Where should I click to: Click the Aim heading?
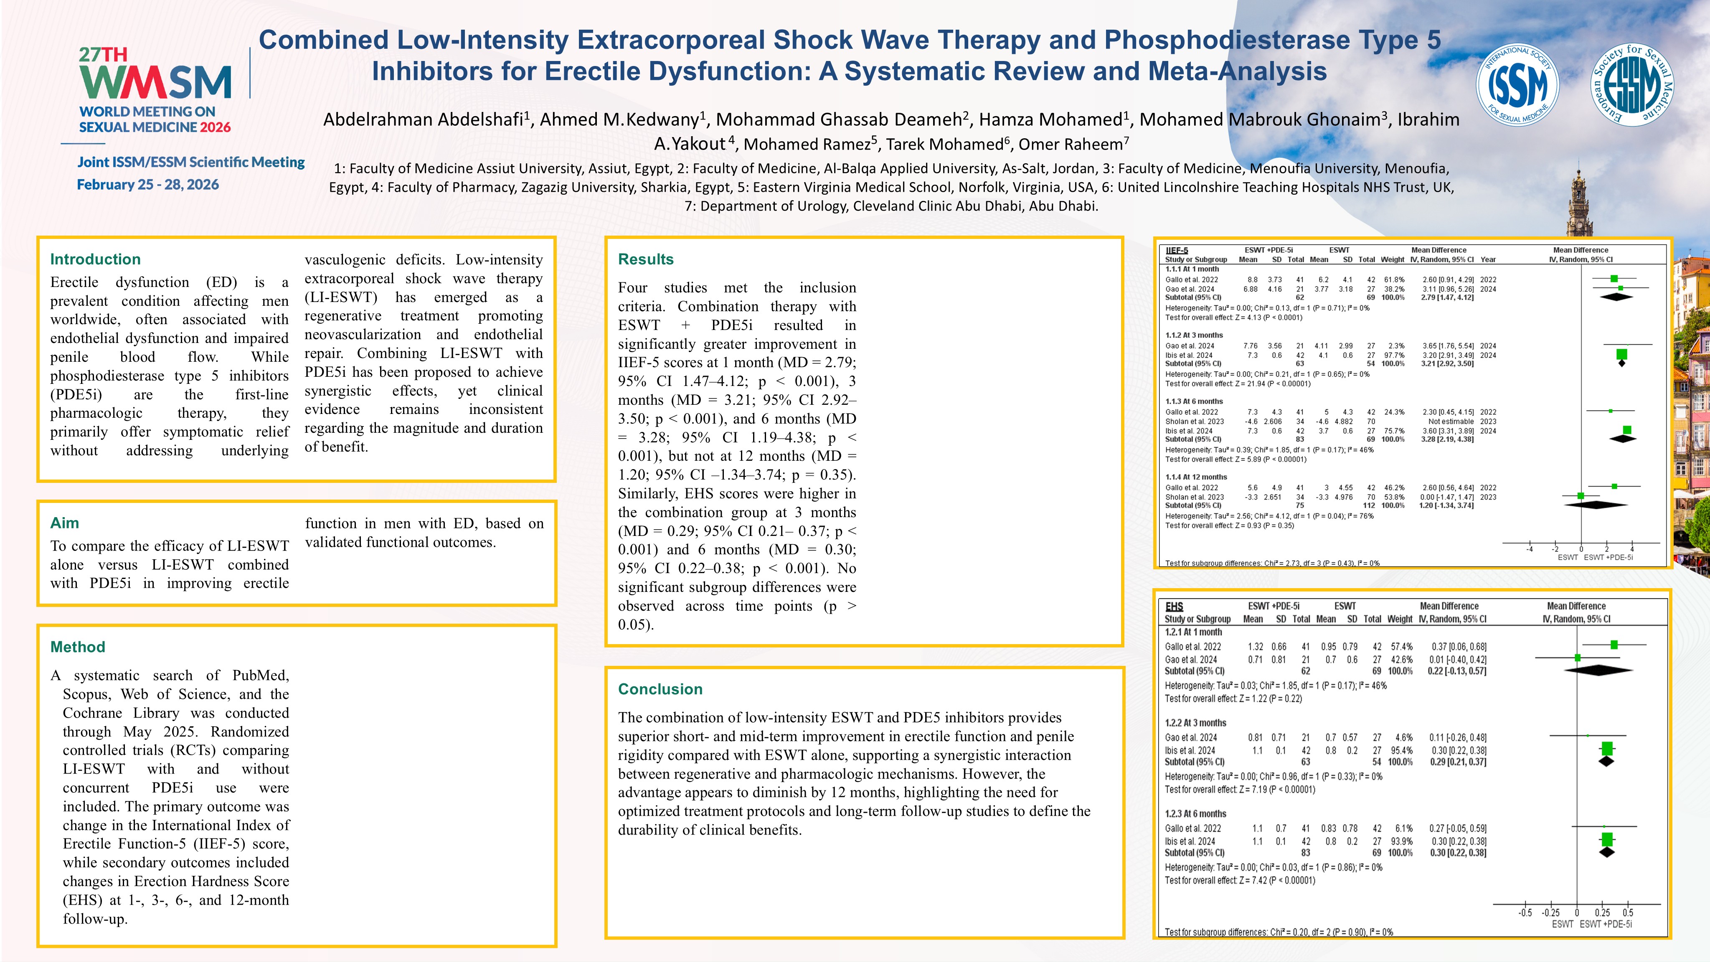click(x=64, y=523)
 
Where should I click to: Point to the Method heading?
click(x=78, y=647)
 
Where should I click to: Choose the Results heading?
click(x=645, y=259)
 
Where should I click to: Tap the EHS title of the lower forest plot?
click(x=1174, y=606)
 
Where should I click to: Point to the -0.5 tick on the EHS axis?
click(x=1525, y=913)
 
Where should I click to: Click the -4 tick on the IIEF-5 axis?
click(x=1530, y=549)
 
